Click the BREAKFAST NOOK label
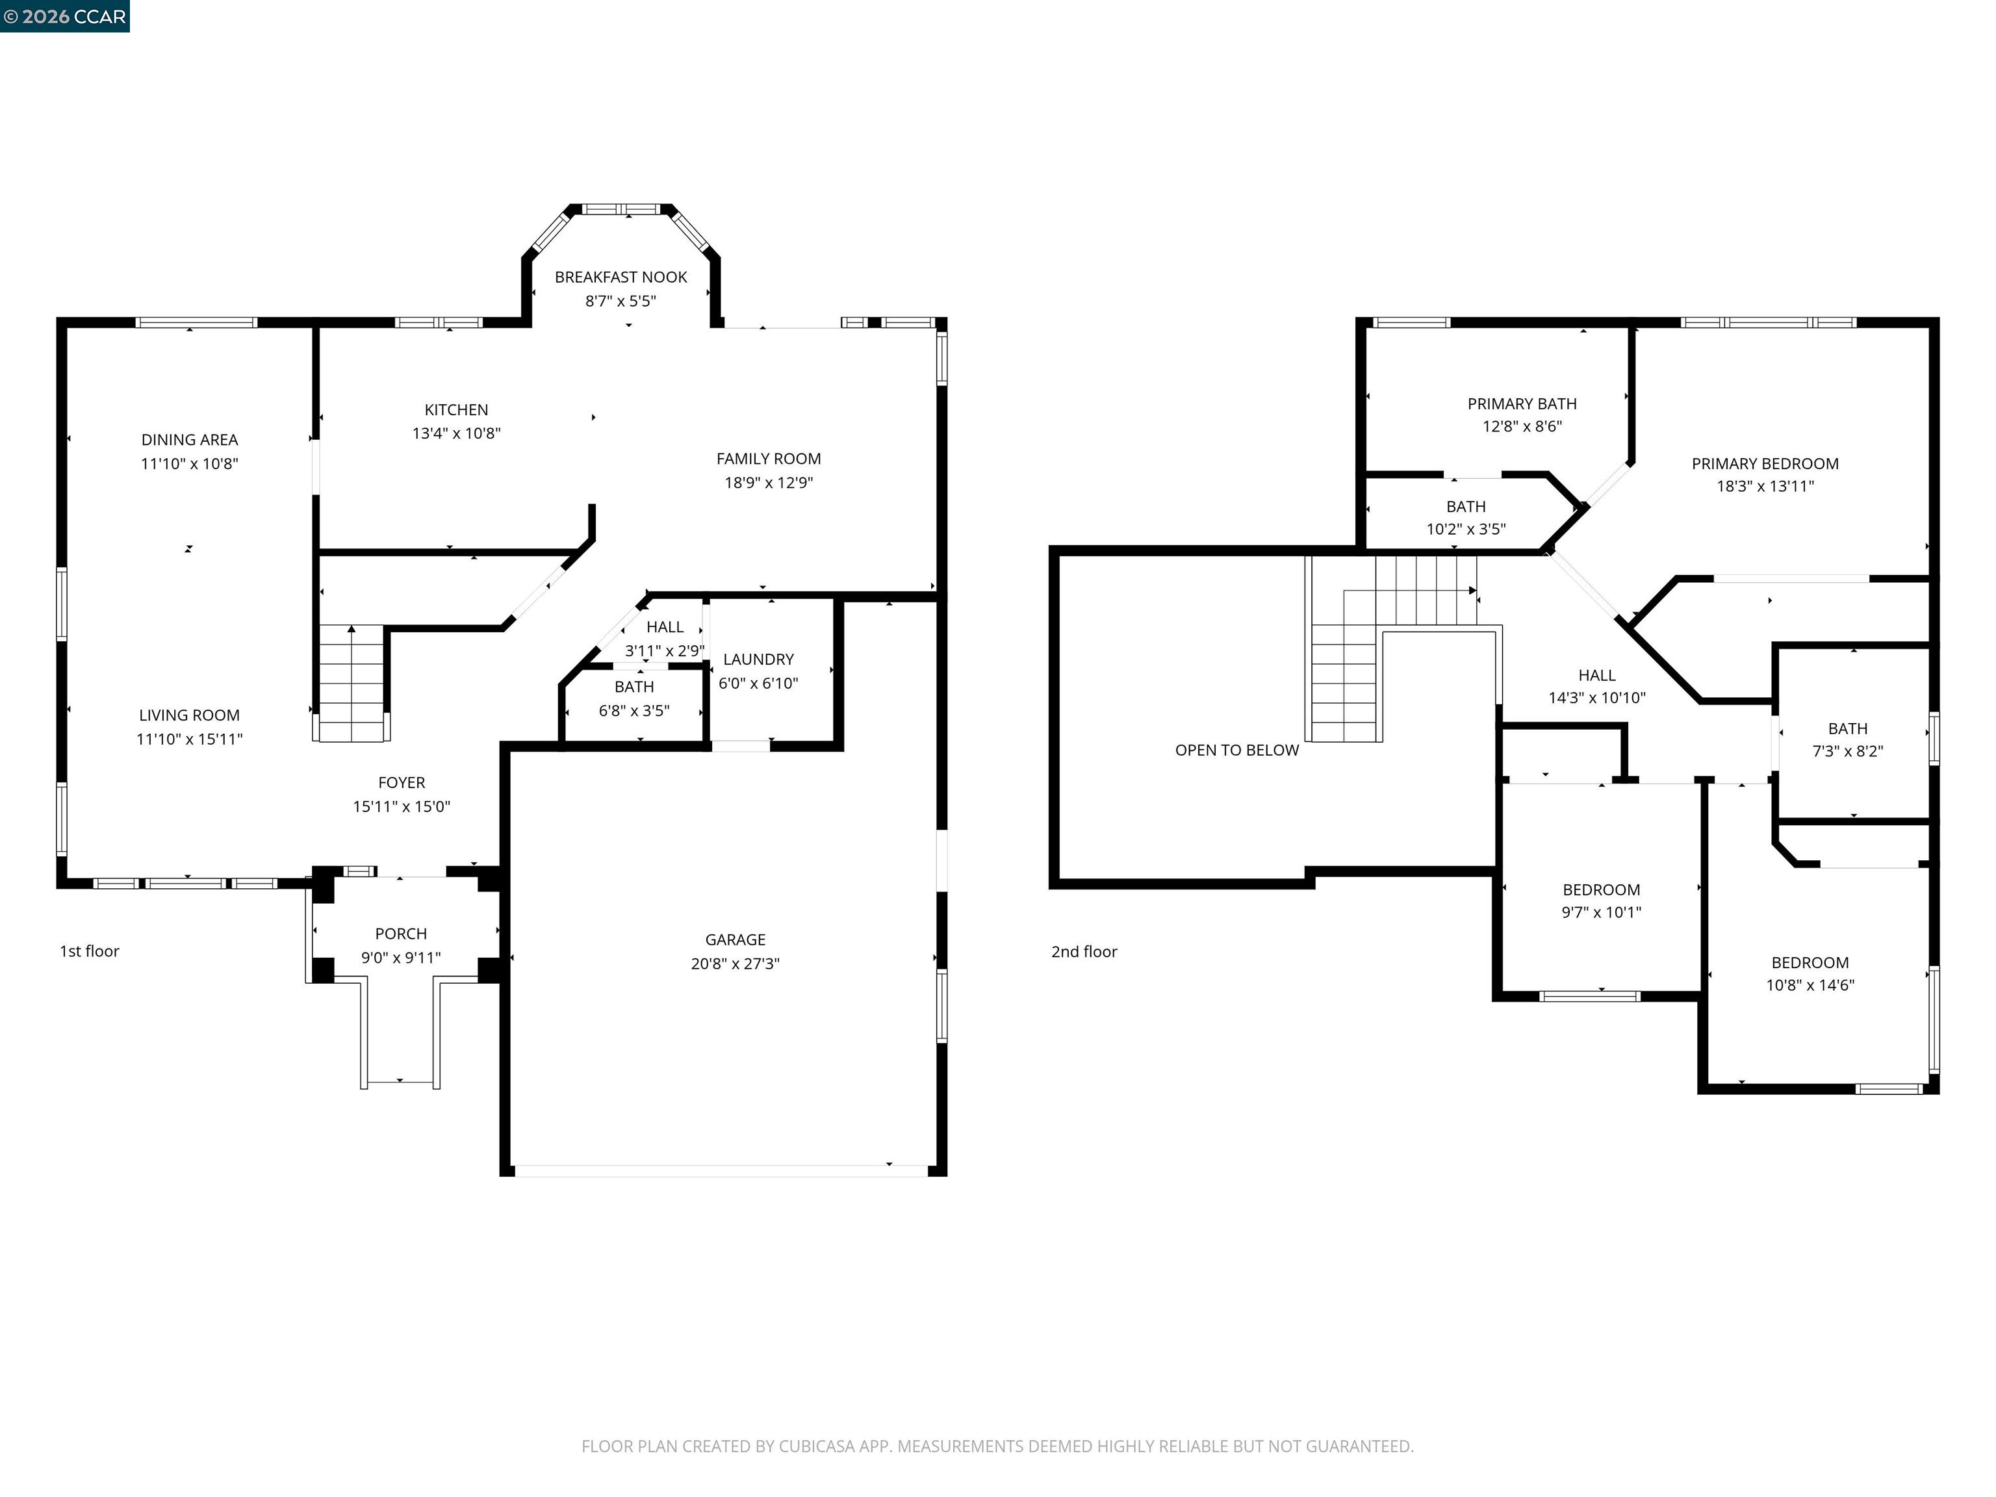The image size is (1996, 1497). coord(621,277)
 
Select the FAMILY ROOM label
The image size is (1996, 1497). coord(768,459)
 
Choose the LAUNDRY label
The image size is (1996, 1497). coord(758,659)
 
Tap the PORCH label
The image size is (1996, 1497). coord(401,934)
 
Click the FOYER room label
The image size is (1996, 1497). coord(401,782)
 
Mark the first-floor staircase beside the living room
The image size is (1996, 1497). coord(351,683)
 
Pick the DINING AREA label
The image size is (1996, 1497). coord(190,439)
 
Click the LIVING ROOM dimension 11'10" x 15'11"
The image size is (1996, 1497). coord(190,739)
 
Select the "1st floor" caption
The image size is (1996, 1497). coord(89,951)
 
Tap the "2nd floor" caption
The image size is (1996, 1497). coord(1084,952)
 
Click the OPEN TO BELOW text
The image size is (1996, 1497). coord(1236,750)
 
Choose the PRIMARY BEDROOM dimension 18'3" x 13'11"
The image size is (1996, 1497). coord(1764,487)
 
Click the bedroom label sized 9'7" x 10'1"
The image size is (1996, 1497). coord(1601,889)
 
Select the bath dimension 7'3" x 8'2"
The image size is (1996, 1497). coord(1847,750)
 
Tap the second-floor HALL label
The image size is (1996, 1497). coord(1596,675)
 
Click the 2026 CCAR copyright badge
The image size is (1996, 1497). coord(65,16)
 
